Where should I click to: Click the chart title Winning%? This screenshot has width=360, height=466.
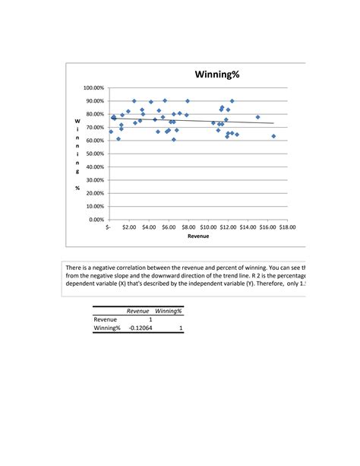point(216,74)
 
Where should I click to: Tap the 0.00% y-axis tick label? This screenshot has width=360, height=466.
point(96,220)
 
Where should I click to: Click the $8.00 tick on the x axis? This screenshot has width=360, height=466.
point(189,227)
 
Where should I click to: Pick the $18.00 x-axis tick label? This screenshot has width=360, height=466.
point(286,227)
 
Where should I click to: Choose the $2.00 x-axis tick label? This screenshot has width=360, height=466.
point(129,227)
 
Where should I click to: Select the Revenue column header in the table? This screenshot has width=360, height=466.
point(137,311)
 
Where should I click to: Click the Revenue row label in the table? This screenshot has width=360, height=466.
point(105,319)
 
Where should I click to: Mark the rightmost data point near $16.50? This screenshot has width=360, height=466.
point(273,136)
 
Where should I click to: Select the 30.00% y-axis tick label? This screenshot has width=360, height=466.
point(95,180)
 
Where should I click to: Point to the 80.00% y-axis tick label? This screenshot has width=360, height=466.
point(95,114)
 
